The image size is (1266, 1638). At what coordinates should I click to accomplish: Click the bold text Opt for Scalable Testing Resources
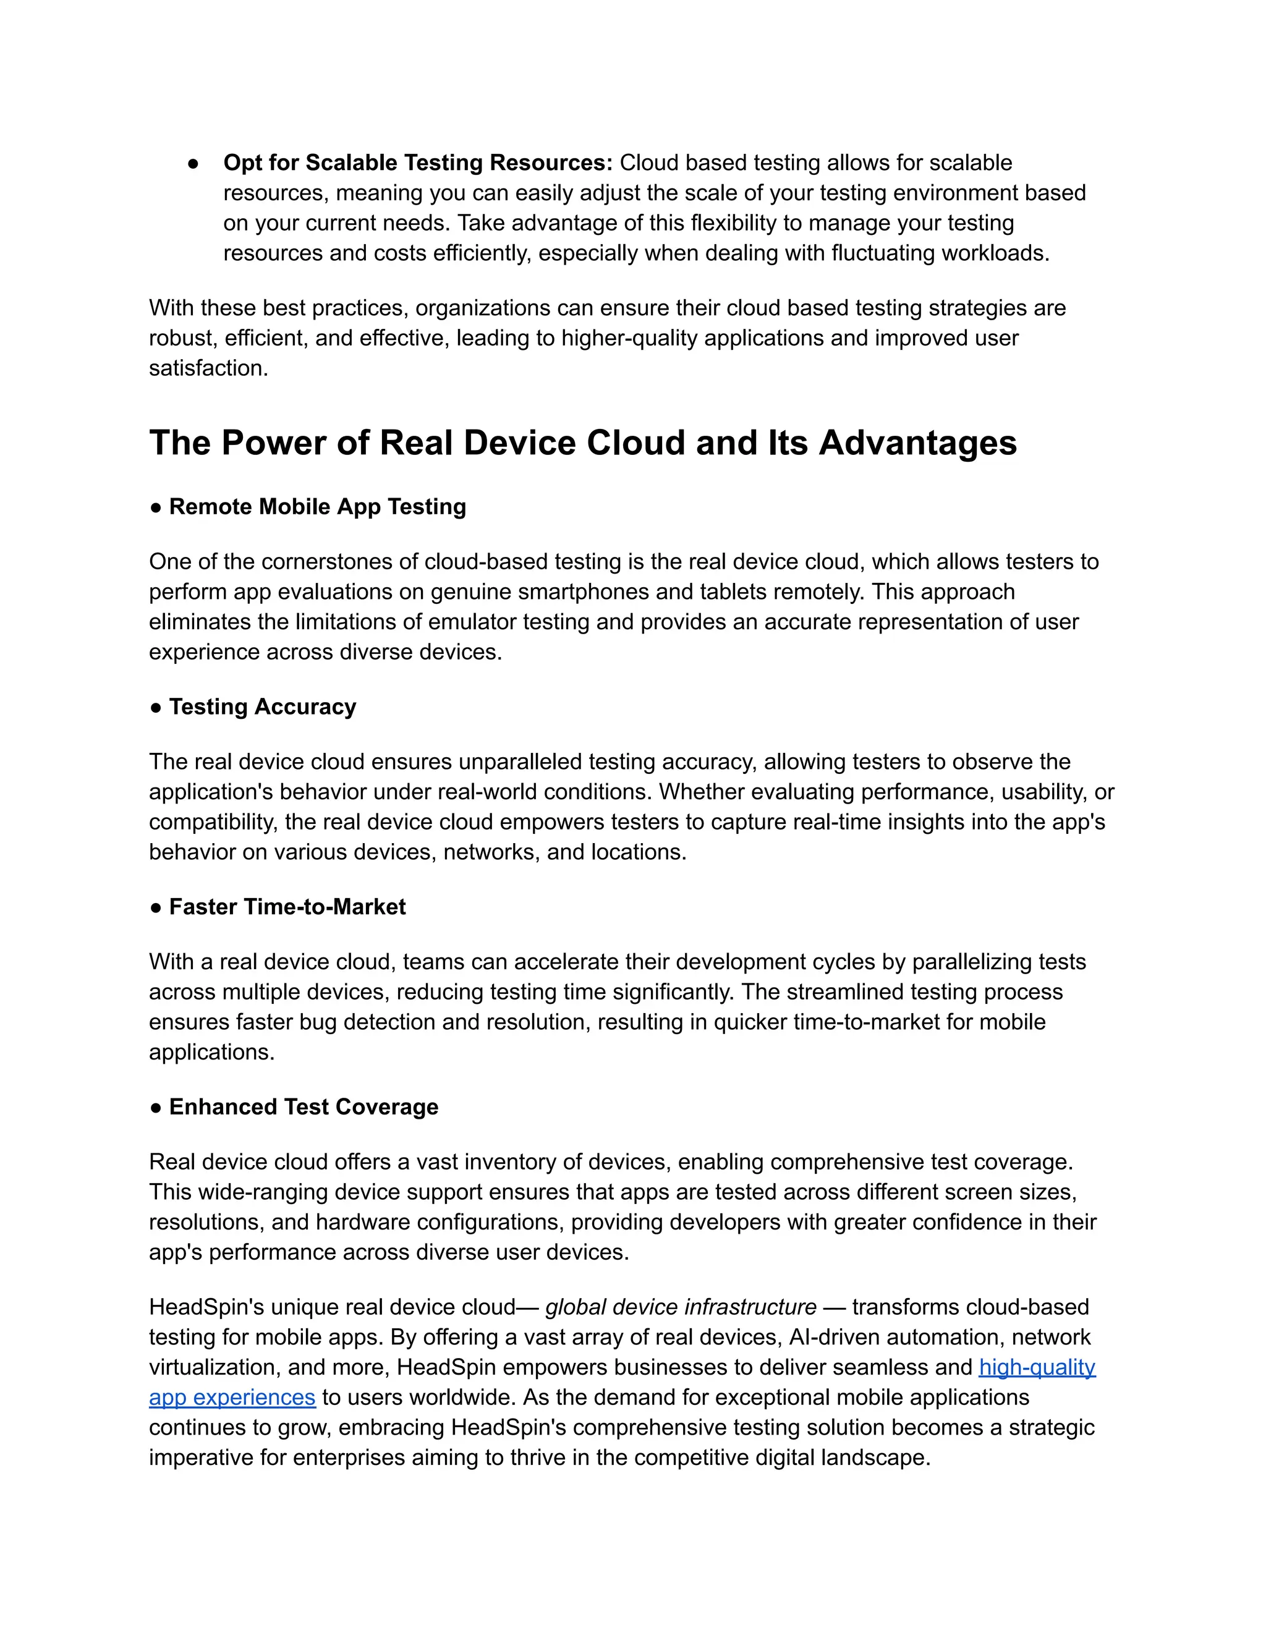(x=417, y=163)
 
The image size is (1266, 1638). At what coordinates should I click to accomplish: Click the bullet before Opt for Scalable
(x=193, y=164)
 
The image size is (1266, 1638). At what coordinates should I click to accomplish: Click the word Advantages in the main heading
(x=917, y=443)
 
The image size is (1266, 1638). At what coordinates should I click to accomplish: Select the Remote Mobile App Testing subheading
(x=317, y=507)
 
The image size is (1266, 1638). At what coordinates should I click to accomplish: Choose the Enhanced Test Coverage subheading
(x=304, y=1107)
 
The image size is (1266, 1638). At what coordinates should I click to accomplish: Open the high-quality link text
(x=1037, y=1367)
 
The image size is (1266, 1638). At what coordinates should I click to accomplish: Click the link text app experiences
(x=232, y=1398)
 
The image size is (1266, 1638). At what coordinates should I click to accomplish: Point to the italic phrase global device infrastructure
(x=680, y=1307)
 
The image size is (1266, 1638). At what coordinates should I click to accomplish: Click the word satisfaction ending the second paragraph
(x=207, y=368)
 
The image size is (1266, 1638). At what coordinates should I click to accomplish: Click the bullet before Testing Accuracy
(x=156, y=708)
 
